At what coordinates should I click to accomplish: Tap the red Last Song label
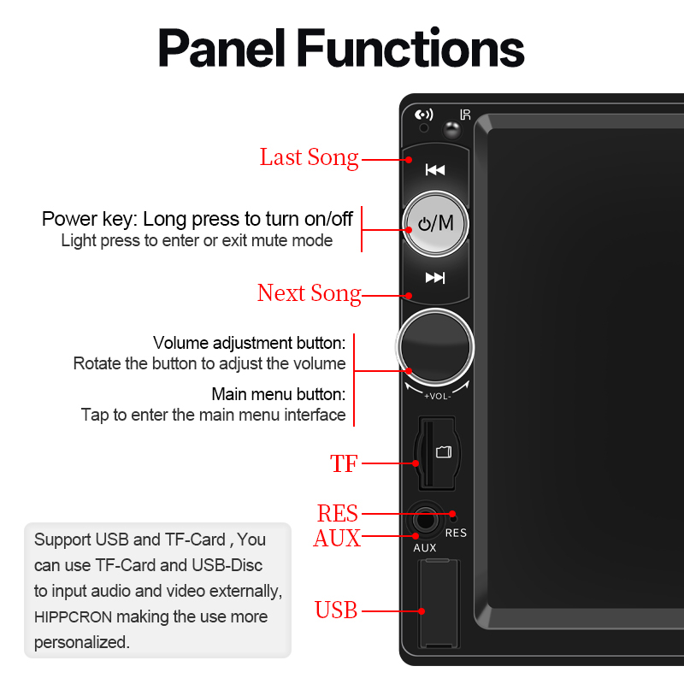coord(309,157)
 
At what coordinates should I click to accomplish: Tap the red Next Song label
coord(309,293)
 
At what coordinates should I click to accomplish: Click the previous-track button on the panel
coord(435,169)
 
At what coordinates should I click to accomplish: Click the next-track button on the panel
coord(435,277)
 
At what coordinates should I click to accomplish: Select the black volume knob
coord(435,346)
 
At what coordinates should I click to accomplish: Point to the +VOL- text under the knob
coord(437,396)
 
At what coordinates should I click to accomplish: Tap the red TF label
coord(344,464)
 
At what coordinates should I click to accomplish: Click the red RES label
coord(337,514)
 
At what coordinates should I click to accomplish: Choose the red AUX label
coord(337,539)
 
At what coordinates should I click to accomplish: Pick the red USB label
coord(336,610)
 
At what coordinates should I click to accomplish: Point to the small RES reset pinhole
coord(455,516)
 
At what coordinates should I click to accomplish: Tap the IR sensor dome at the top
coord(452,131)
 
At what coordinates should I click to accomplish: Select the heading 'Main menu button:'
coord(279,395)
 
